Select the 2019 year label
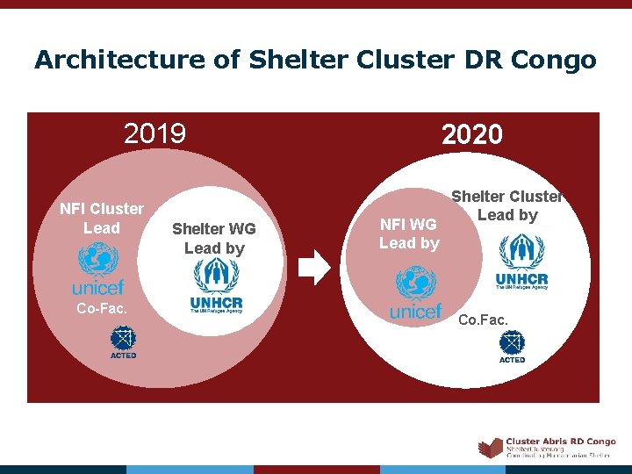[155, 133]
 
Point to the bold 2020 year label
[472, 134]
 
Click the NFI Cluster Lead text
[101, 218]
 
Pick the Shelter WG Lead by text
[214, 238]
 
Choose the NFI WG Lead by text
[408, 233]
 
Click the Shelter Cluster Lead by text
[506, 205]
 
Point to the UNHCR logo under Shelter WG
[216, 286]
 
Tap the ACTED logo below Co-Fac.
[123, 341]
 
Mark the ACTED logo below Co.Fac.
[512, 346]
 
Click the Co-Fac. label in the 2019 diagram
[102, 308]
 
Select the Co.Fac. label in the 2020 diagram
[483, 320]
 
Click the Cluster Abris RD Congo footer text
[561, 442]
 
